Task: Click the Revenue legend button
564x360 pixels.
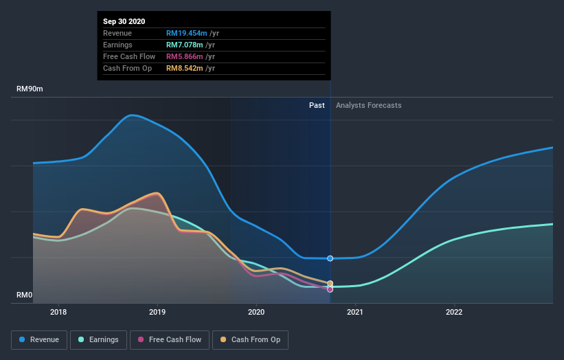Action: pyautogui.click(x=40, y=339)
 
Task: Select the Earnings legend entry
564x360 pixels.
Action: pyautogui.click(x=98, y=339)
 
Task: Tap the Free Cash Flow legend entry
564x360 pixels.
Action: pyautogui.click(x=169, y=339)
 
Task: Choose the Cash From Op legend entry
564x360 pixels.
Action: pyautogui.click(x=250, y=339)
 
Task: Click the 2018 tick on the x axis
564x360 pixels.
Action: pyautogui.click(x=58, y=311)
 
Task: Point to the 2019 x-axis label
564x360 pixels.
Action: pyautogui.click(x=157, y=311)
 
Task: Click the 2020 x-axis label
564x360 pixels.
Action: pyautogui.click(x=256, y=311)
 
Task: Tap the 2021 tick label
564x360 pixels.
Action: pyautogui.click(x=355, y=311)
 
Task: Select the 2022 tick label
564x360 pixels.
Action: pyautogui.click(x=454, y=311)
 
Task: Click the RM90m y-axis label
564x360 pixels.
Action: pyautogui.click(x=31, y=89)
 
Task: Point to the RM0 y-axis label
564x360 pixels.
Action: pyautogui.click(x=25, y=295)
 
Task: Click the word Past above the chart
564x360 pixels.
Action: pyautogui.click(x=317, y=105)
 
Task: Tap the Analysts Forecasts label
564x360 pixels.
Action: pyautogui.click(x=368, y=105)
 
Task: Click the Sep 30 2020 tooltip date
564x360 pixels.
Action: pyautogui.click(x=124, y=21)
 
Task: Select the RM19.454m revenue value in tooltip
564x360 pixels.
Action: pyautogui.click(x=189, y=33)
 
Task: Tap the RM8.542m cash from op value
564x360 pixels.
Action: pyautogui.click(x=186, y=68)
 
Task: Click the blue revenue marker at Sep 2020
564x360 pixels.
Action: pyautogui.click(x=330, y=258)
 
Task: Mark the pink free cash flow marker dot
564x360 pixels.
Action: pyautogui.click(x=330, y=289)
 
